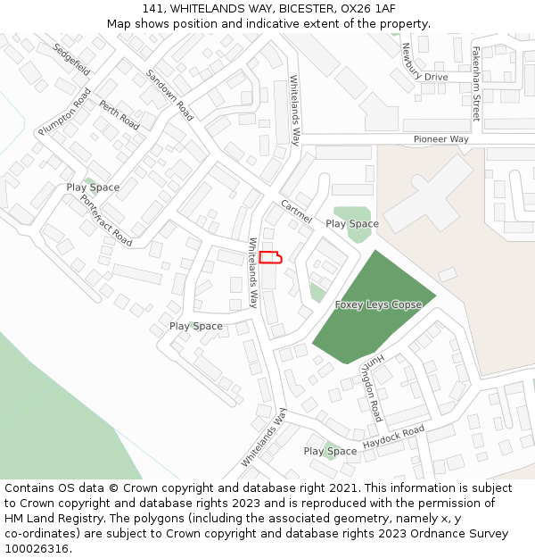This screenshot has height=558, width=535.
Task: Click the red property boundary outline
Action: coord(270,258)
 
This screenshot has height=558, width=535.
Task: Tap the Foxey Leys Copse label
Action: coord(378,305)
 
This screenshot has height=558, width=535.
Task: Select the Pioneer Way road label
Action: coord(440,140)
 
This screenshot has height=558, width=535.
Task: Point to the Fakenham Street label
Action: coord(476,84)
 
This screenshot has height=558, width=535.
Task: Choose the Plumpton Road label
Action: coord(64,112)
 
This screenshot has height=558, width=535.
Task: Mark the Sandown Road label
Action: coord(169,95)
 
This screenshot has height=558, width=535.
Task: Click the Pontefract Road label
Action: coord(106,220)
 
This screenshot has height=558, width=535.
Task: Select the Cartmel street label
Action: coord(296,212)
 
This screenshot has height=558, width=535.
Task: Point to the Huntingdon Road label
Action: coord(371,385)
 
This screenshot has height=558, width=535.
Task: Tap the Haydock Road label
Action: coord(393,437)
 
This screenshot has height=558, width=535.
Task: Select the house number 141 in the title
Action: coord(153,9)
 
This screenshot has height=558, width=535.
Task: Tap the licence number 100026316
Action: coord(37,549)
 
